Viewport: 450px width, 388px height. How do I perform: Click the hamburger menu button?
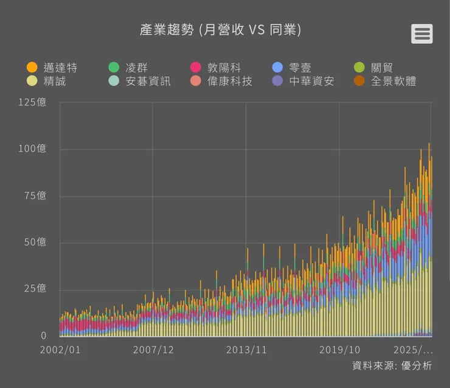click(421, 34)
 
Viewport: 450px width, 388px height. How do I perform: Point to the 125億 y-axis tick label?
click(32, 102)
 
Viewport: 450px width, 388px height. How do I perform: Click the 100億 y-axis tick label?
click(32, 149)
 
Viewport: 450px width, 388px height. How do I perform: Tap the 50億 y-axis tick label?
click(35, 242)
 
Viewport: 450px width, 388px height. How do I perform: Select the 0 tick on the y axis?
click(43, 336)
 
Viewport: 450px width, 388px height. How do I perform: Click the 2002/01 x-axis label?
click(60, 350)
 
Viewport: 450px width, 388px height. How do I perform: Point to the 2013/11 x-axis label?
click(246, 350)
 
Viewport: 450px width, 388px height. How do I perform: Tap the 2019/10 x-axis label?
click(339, 350)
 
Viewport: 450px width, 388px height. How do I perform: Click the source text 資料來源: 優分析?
click(392, 365)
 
